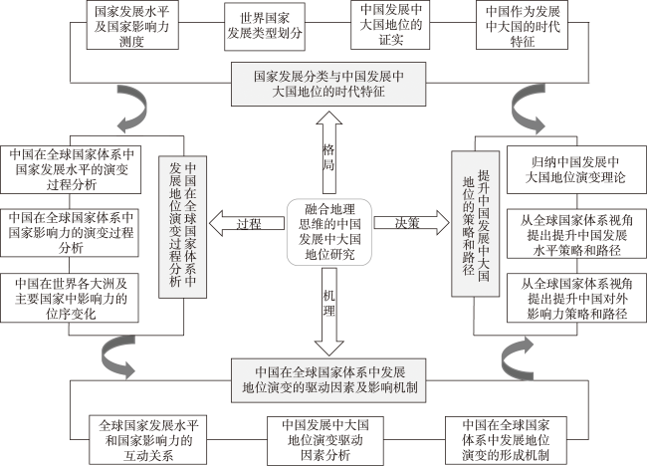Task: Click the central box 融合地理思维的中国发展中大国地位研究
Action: click(x=329, y=232)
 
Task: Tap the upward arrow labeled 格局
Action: click(x=328, y=152)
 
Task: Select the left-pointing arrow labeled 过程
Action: click(x=247, y=224)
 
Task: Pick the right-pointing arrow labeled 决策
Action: click(x=411, y=223)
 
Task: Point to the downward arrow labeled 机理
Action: click(x=328, y=312)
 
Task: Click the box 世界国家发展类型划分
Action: click(x=265, y=27)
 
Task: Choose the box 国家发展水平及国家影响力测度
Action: click(x=132, y=25)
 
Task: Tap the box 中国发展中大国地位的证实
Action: click(x=390, y=25)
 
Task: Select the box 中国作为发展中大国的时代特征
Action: click(x=522, y=25)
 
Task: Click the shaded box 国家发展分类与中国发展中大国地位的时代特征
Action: click(x=328, y=85)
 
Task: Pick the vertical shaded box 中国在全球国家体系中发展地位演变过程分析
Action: click(x=183, y=227)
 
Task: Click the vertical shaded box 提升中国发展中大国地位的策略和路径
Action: click(x=476, y=224)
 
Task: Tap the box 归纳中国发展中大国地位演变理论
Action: click(x=576, y=169)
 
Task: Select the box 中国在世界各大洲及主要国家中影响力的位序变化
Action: click(x=70, y=298)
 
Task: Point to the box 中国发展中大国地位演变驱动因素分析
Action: click(x=325, y=441)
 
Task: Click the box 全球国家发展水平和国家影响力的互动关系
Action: click(x=147, y=440)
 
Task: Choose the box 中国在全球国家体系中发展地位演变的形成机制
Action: click(x=506, y=440)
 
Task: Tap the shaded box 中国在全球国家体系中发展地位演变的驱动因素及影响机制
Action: click(x=328, y=380)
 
